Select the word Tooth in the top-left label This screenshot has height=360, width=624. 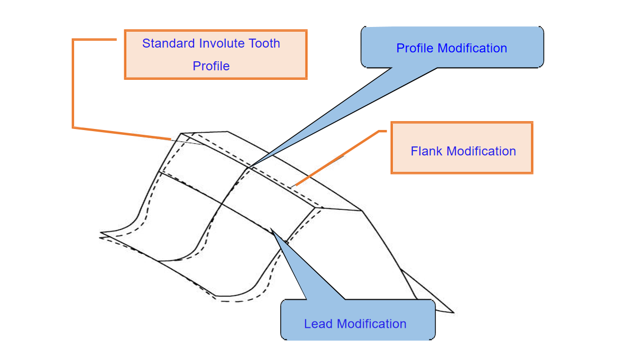(265, 43)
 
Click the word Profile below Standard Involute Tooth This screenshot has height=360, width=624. (211, 66)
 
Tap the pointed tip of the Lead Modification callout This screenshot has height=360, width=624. (271, 229)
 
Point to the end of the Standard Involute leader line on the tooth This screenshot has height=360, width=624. (171, 140)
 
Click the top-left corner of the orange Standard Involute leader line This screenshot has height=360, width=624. (73, 40)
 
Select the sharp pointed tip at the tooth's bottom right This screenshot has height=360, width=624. (453, 312)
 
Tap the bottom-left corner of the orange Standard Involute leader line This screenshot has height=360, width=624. (73, 127)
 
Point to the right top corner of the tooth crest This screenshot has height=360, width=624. (362, 210)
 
